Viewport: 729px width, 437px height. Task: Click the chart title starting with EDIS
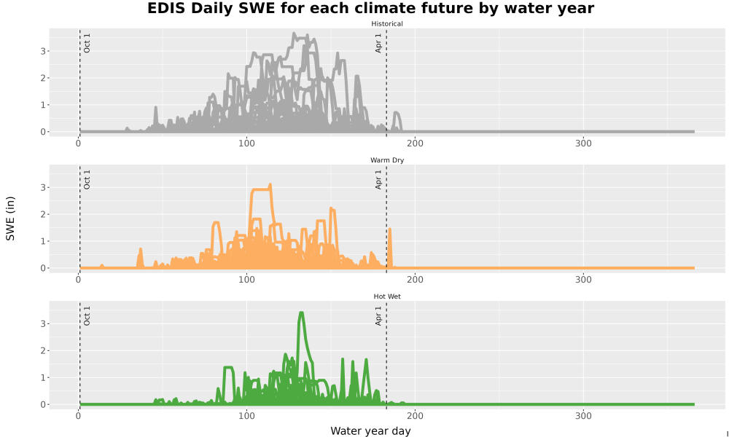click(370, 8)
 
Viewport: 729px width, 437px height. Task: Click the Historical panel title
click(387, 24)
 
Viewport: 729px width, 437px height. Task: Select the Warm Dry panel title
click(387, 160)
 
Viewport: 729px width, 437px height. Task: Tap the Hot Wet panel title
click(387, 296)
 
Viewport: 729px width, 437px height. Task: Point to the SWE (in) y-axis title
click(10, 219)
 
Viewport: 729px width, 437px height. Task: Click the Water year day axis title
click(370, 431)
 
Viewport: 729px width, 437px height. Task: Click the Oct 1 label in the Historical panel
click(87, 43)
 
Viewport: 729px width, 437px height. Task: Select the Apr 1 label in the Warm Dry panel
click(378, 179)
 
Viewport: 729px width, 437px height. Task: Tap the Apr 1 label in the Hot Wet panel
click(378, 315)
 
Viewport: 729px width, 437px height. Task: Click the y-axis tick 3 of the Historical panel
click(43, 51)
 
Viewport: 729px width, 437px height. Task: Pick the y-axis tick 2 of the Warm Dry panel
click(43, 215)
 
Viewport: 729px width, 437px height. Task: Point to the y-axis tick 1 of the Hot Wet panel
click(43, 377)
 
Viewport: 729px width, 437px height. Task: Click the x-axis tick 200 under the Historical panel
click(415, 143)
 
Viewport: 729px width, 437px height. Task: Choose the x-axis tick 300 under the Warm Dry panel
click(583, 280)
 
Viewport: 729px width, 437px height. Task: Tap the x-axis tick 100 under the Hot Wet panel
click(246, 416)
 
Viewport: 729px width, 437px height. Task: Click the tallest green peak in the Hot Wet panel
click(301, 314)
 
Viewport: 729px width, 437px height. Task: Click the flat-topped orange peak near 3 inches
click(260, 189)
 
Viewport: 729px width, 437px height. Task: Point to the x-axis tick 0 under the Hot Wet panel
click(78, 416)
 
